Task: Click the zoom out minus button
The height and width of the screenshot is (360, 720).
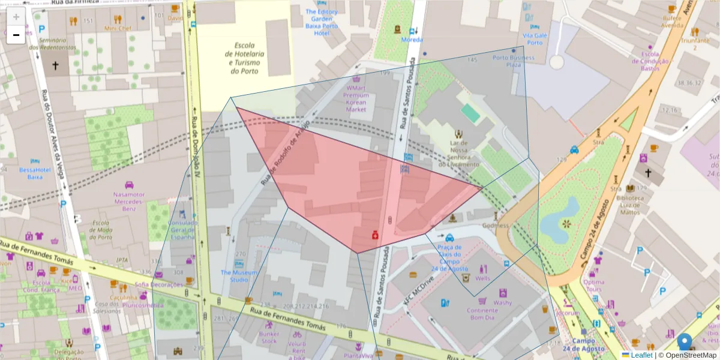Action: [x=16, y=35]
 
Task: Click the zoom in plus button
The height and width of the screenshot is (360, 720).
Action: [x=16, y=17]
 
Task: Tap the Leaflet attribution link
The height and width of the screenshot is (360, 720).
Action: [x=641, y=355]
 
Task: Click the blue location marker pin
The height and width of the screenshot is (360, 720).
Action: [x=684, y=343]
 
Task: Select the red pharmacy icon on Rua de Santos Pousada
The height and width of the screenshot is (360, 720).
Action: [x=375, y=235]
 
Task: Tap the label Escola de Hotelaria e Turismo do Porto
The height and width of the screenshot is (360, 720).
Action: [x=245, y=58]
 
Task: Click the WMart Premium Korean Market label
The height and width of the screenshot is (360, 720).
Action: [x=356, y=98]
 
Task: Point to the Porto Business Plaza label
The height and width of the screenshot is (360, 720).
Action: [x=513, y=61]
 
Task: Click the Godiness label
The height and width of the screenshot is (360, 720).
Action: [x=495, y=226]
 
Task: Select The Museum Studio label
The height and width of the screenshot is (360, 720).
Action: [x=238, y=276]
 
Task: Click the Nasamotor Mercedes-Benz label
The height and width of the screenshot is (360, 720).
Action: [x=128, y=201]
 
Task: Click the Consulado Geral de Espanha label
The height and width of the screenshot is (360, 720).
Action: [x=184, y=230]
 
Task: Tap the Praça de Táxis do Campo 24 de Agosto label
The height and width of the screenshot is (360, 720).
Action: [x=449, y=258]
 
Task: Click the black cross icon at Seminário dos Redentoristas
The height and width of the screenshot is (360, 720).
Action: [x=56, y=65]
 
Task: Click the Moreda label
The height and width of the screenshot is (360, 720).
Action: [x=412, y=40]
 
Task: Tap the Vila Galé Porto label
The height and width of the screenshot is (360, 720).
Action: [x=535, y=39]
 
